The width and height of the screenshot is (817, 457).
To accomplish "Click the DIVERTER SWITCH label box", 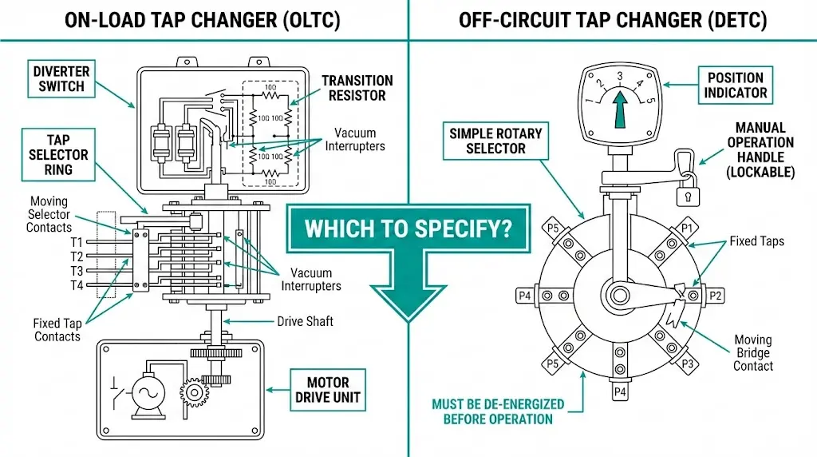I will pyautogui.click(x=61, y=78).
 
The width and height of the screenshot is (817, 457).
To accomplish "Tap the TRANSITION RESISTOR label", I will pyautogui.click(x=357, y=88).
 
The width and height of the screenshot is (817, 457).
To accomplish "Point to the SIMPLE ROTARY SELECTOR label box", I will pyautogui.click(x=495, y=141).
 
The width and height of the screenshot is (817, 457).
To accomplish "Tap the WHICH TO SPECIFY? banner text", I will pyautogui.click(x=407, y=229).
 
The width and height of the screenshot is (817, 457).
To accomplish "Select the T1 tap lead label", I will pyautogui.click(x=77, y=241).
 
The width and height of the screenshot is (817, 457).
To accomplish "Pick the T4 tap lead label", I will pyautogui.click(x=77, y=285).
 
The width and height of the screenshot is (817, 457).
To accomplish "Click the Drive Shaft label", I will pyautogui.click(x=305, y=321).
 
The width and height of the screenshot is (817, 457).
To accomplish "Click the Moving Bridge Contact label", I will pyautogui.click(x=753, y=353).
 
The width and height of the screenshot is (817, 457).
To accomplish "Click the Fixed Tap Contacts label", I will pyautogui.click(x=57, y=330).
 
